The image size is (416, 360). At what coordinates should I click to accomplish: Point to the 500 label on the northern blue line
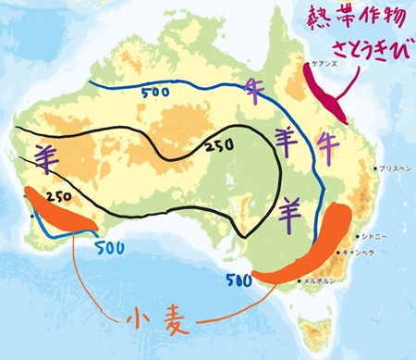[154, 93]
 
